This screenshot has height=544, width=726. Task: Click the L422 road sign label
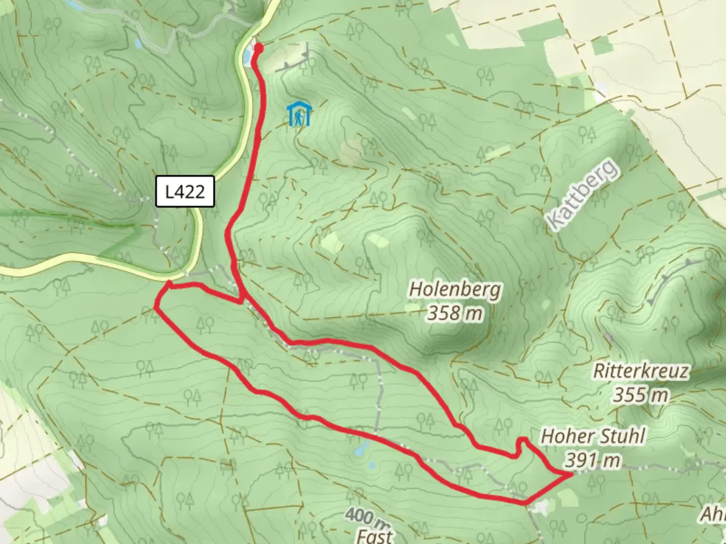point(185,191)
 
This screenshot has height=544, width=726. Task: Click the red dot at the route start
point(259,48)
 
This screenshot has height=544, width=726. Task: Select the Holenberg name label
point(455,290)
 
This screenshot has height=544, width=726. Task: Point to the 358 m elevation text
point(455,313)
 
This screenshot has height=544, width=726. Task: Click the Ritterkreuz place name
point(641,371)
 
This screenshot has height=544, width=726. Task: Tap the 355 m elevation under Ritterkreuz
point(641,395)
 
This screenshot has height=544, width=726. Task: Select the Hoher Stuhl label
point(593,436)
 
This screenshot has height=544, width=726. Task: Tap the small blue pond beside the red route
point(360,450)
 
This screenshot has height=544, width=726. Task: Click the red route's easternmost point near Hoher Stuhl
point(571,474)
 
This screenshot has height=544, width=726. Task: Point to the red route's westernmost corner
point(156,307)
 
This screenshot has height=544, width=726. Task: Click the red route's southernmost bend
point(524,502)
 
